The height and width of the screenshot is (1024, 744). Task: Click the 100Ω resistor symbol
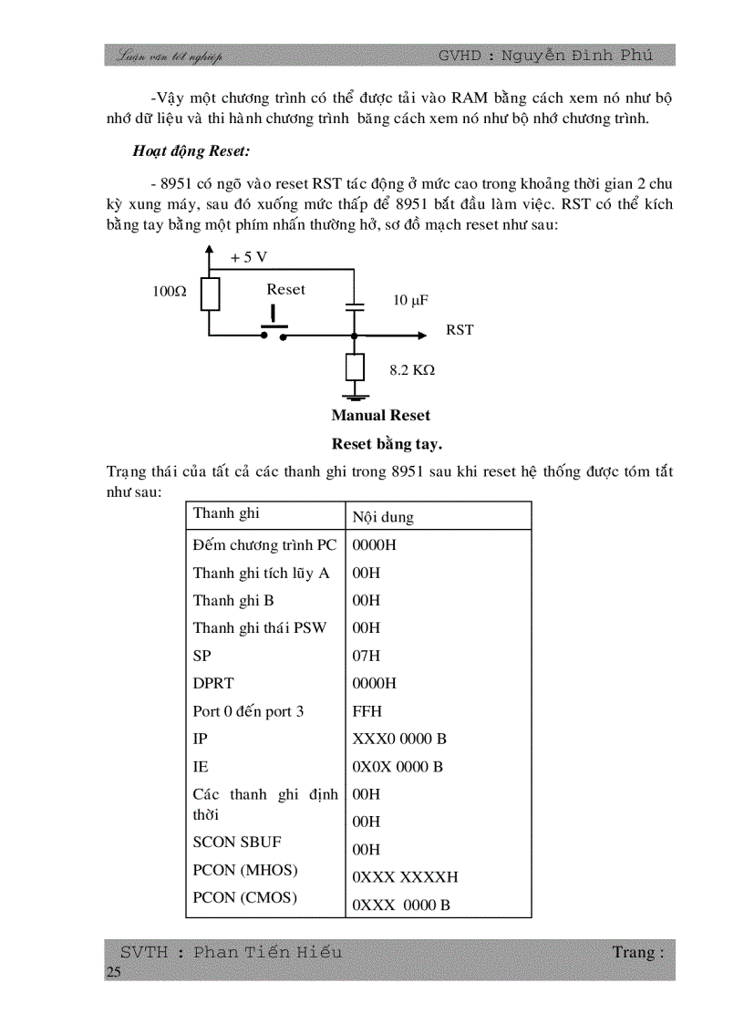click(210, 294)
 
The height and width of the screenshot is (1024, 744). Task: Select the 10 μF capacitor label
click(410, 300)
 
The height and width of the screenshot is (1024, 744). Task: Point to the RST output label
click(460, 330)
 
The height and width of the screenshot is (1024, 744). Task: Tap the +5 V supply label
click(249, 257)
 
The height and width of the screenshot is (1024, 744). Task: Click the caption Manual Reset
click(380, 416)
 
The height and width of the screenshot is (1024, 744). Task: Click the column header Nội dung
click(383, 517)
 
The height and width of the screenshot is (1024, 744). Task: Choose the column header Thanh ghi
click(226, 513)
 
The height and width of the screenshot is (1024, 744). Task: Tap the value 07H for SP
click(367, 656)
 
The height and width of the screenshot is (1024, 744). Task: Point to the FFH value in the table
click(367, 711)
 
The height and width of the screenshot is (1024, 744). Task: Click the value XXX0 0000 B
click(399, 739)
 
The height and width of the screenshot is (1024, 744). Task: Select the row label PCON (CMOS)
click(244, 897)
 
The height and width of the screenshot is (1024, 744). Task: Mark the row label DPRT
click(212, 683)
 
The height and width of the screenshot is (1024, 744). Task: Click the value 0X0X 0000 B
click(398, 767)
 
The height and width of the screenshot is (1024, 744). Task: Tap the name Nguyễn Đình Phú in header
click(588, 56)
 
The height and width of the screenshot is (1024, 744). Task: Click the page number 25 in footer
click(113, 972)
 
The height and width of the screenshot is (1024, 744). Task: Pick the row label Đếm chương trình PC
click(264, 545)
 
